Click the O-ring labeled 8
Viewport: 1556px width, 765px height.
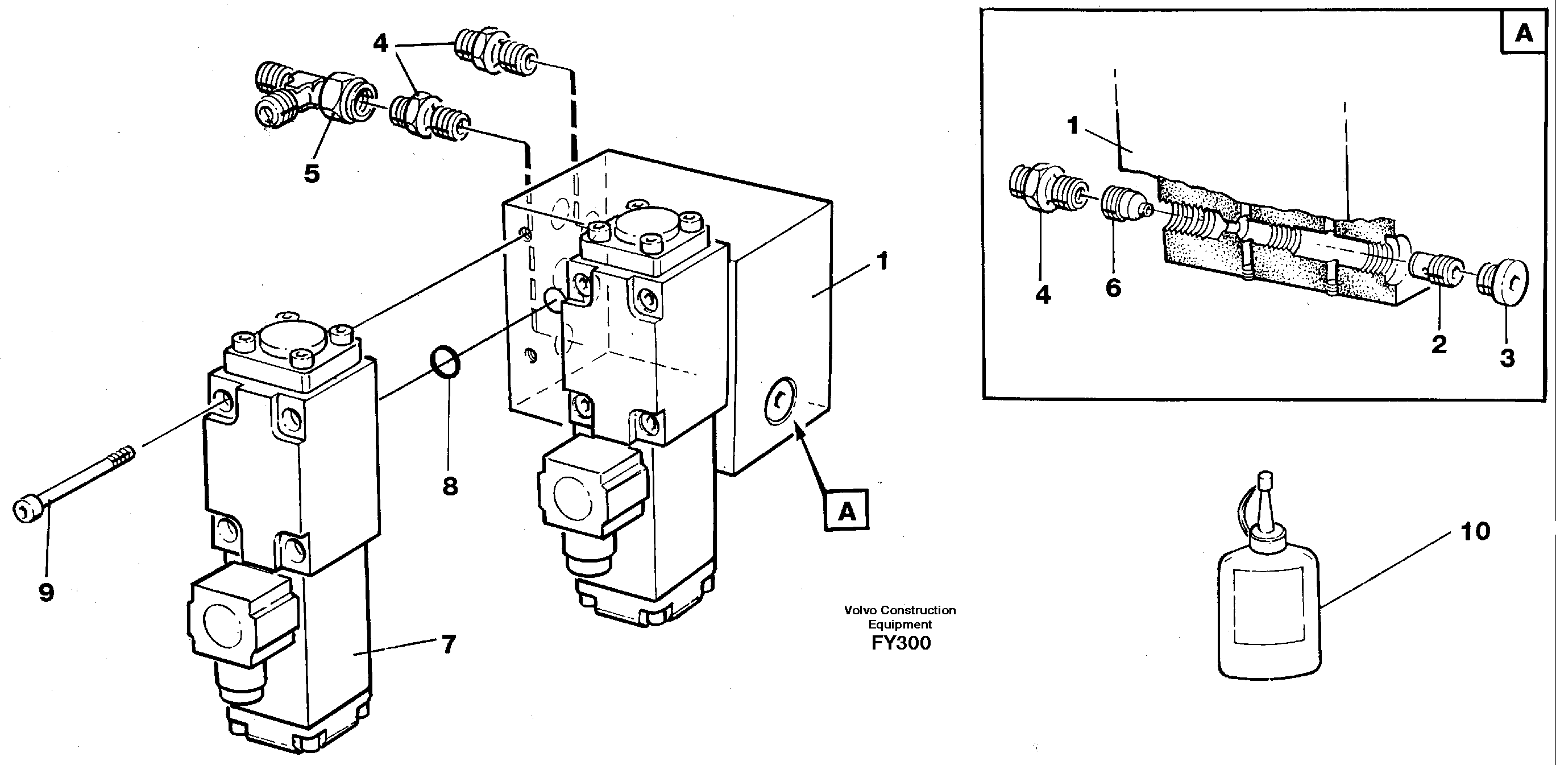tap(445, 362)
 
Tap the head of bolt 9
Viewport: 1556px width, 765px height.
tap(28, 510)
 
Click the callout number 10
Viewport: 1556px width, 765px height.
tap(1475, 532)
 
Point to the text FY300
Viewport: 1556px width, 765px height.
tap(901, 643)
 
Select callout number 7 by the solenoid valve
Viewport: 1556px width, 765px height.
tap(448, 645)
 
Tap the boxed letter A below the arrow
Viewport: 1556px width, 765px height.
tap(847, 511)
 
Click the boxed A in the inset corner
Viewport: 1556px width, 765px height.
tap(1524, 32)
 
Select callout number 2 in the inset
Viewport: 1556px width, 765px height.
tap(1439, 345)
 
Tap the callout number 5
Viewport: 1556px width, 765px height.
tap(311, 174)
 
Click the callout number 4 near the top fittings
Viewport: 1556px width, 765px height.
tap(380, 43)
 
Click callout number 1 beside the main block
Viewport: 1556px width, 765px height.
tap(882, 261)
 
